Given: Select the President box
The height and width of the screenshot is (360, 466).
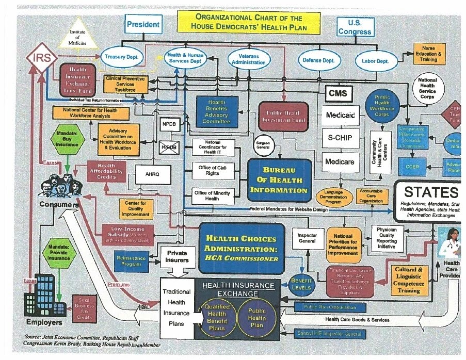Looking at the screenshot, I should click(143, 24).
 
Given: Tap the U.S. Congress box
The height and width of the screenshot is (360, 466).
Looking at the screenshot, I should click(355, 27).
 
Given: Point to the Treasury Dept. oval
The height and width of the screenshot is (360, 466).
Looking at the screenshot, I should click(121, 57).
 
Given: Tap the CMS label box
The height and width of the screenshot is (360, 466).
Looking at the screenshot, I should click(339, 93).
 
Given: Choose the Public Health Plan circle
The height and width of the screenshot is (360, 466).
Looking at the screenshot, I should click(257, 314).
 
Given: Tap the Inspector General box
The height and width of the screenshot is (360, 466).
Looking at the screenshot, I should click(308, 238).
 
